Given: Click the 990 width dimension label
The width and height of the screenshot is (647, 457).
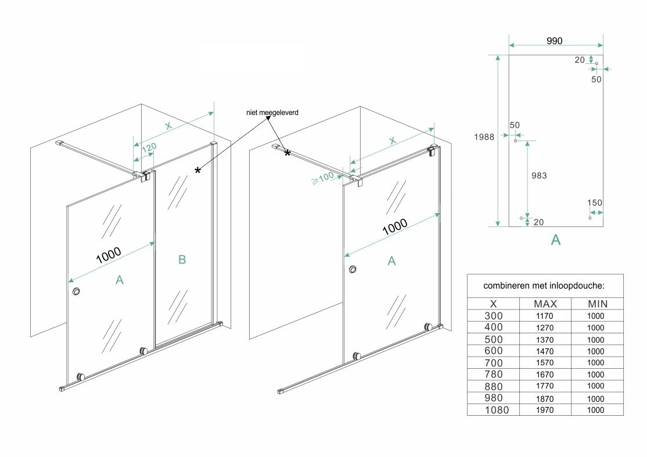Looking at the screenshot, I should click(555, 40).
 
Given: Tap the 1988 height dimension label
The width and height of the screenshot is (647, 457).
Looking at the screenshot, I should click(483, 137).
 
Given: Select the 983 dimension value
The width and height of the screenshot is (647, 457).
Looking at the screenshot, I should click(540, 175).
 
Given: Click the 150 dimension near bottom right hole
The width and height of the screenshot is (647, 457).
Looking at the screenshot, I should click(595, 203).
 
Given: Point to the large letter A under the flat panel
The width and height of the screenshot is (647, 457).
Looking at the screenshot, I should click(555, 239).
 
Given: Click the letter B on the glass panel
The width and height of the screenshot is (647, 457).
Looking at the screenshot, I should click(182, 260).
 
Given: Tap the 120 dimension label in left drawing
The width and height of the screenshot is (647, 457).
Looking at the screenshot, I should click(149, 149).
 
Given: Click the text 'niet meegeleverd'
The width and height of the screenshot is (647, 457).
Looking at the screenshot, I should click(272, 113).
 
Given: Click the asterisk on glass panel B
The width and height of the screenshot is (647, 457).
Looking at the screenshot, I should click(198, 170).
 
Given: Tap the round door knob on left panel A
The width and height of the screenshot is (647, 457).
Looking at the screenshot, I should click(76, 293).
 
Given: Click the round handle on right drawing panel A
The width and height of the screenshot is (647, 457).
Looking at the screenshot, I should click(353, 270).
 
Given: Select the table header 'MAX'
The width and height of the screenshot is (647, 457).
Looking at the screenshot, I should click(545, 304).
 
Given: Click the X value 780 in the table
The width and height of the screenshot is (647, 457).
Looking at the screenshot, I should click(493, 375).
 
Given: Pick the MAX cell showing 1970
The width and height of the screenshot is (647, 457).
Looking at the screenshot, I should click(545, 410).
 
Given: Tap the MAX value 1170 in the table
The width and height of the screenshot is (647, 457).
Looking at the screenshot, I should click(545, 316).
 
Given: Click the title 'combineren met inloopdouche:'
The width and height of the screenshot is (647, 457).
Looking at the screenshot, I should click(544, 286).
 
